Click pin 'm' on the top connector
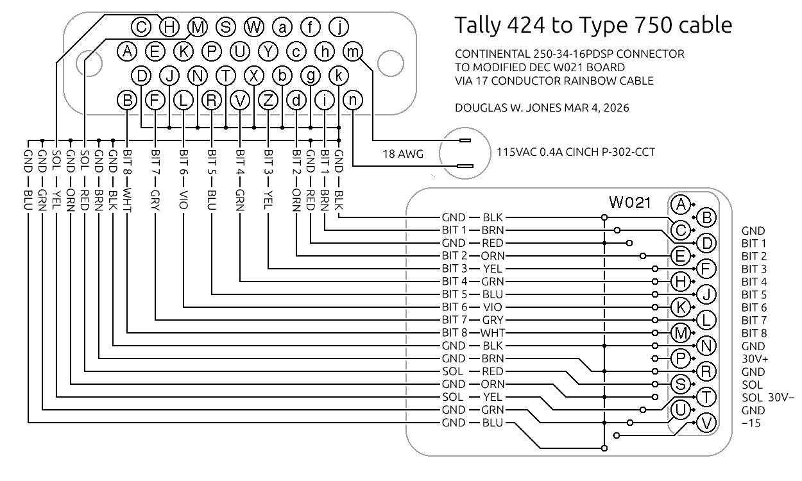(x=353, y=51)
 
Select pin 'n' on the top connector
(x=353, y=100)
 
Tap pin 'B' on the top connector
(x=128, y=100)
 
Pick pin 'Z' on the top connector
(x=269, y=100)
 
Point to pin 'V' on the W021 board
(x=706, y=423)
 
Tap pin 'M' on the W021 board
(x=680, y=333)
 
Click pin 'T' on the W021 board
(x=706, y=397)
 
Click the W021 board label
(x=629, y=203)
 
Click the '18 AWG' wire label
(x=403, y=154)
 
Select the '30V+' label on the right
(x=755, y=359)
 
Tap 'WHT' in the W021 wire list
(x=493, y=333)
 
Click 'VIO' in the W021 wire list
(x=493, y=307)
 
